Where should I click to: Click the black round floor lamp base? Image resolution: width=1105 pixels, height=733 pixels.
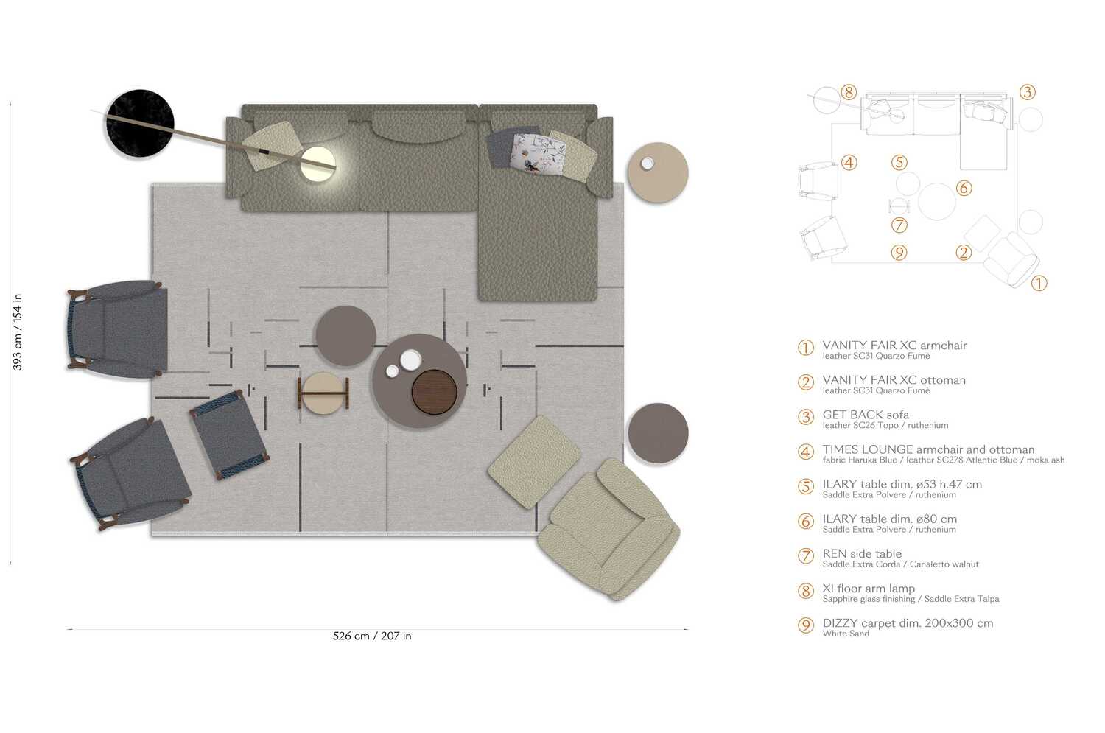pyautogui.click(x=140, y=123)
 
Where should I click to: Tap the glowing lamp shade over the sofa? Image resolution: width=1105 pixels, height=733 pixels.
pyautogui.click(x=318, y=164)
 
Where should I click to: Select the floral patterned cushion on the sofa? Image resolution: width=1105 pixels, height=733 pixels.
pyautogui.click(x=539, y=153)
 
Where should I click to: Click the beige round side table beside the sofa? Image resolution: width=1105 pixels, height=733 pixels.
pyautogui.click(x=658, y=172)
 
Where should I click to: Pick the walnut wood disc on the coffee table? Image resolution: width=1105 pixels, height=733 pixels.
pyautogui.click(x=434, y=391)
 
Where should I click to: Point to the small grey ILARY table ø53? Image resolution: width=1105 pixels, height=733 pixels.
pyautogui.click(x=345, y=336)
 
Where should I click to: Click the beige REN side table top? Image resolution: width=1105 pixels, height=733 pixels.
pyautogui.click(x=323, y=392)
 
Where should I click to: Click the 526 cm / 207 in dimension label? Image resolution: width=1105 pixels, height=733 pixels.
pyautogui.click(x=372, y=636)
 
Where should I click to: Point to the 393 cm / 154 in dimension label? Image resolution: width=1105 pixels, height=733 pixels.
pyautogui.click(x=17, y=332)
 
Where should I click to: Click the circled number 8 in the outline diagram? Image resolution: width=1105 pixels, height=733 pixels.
pyautogui.click(x=849, y=93)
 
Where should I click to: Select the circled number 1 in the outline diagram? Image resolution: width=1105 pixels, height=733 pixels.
pyautogui.click(x=1039, y=283)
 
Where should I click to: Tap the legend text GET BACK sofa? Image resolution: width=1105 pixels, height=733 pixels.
pyautogui.click(x=866, y=415)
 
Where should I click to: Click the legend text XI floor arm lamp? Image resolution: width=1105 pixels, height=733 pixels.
pyautogui.click(x=869, y=588)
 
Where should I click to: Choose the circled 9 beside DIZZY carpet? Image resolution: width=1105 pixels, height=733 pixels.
pyautogui.click(x=806, y=625)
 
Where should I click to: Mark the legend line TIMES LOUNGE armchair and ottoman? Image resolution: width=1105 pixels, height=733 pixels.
pyautogui.click(x=928, y=449)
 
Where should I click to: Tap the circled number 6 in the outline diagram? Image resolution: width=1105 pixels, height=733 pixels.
pyautogui.click(x=964, y=189)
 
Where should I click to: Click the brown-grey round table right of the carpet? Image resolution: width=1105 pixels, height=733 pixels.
pyautogui.click(x=658, y=433)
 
